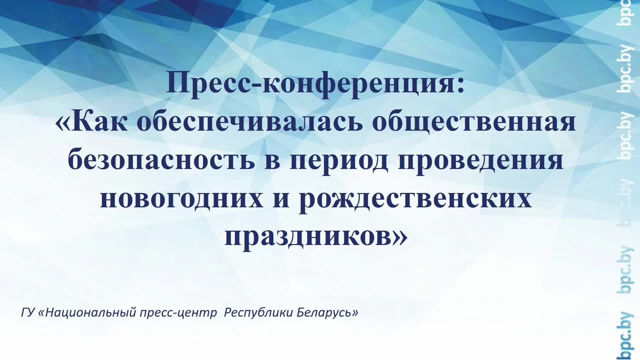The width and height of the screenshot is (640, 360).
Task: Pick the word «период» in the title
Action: (x=339, y=161)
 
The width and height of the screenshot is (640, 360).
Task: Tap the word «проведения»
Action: (x=480, y=161)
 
